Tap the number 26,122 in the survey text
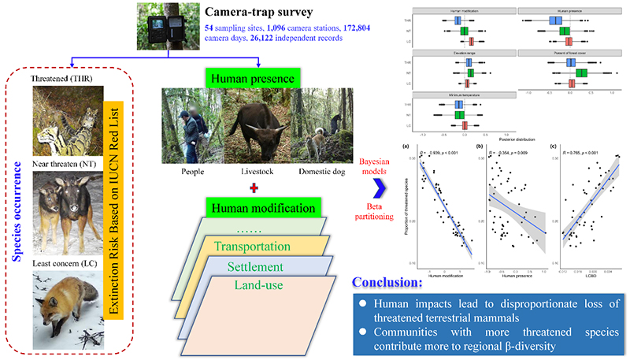pos(284,39)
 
